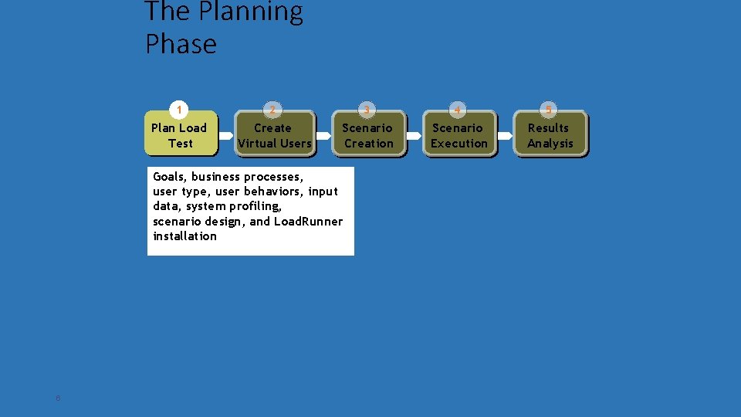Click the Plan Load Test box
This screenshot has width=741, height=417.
pyautogui.click(x=180, y=135)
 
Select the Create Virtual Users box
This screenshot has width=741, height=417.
pyautogui.click(x=274, y=135)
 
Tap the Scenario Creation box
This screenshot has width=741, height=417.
pyautogui.click(x=368, y=135)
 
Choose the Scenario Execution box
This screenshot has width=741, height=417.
pyautogui.click(x=459, y=135)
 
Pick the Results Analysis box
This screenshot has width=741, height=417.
pyautogui.click(x=550, y=135)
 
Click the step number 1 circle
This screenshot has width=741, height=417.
pyautogui.click(x=179, y=109)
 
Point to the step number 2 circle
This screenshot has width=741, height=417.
pyautogui.click(x=272, y=109)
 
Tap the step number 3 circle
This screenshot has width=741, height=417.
pyautogui.click(x=367, y=109)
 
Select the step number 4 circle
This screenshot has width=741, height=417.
pyautogui.click(x=458, y=109)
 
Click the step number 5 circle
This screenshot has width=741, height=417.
pyautogui.click(x=548, y=109)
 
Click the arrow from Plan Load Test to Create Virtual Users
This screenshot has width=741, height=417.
pyautogui.click(x=226, y=135)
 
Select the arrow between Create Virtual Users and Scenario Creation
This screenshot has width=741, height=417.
pyautogui.click(x=322, y=135)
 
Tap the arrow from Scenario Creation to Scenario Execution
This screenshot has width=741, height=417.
pyautogui.click(x=414, y=135)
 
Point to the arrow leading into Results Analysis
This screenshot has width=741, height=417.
pyautogui.click(x=504, y=135)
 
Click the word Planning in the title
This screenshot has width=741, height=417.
pyautogui.click(x=251, y=12)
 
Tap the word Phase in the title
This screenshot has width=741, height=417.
pyautogui.click(x=181, y=44)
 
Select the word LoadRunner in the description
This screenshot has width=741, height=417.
pyautogui.click(x=309, y=222)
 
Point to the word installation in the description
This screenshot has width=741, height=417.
pyautogui.click(x=185, y=236)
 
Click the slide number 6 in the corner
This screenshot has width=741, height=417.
pyautogui.click(x=58, y=398)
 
